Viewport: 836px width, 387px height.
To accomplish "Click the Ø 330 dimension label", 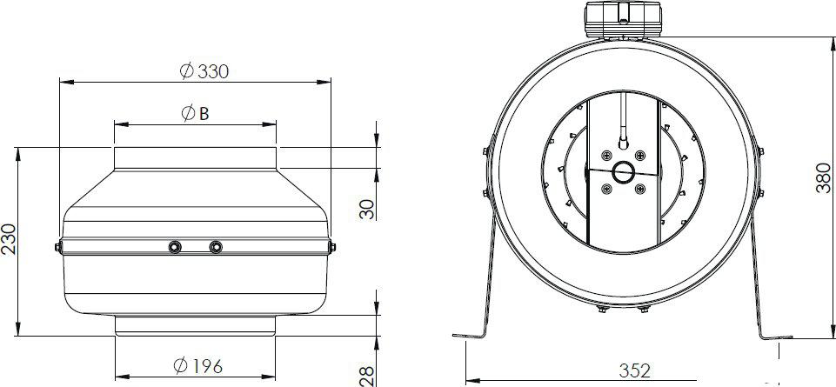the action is pyautogui.click(x=204, y=70).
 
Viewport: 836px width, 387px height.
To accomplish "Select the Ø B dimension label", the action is pyautogui.click(x=195, y=113).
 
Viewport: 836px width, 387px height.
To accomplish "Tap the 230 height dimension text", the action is pyautogui.click(x=9, y=239).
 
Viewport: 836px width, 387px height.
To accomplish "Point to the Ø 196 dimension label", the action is pyautogui.click(x=197, y=365).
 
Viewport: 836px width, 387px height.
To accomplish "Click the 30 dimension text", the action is pyautogui.click(x=367, y=209).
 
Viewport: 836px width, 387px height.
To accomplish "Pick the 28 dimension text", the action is pyautogui.click(x=367, y=376).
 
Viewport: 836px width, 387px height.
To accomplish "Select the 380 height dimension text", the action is pyautogui.click(x=823, y=177).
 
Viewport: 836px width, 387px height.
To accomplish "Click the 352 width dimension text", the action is pyautogui.click(x=634, y=370).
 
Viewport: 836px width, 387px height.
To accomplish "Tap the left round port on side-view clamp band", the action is pyautogui.click(x=174, y=247).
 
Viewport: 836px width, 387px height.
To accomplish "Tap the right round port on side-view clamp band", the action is pyautogui.click(x=216, y=247).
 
